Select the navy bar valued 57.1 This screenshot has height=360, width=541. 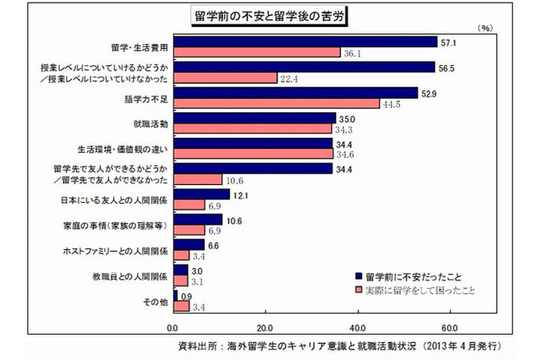coord(304,41)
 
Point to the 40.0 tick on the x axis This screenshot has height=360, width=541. coord(358,327)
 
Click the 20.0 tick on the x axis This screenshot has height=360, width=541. coord(265,327)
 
